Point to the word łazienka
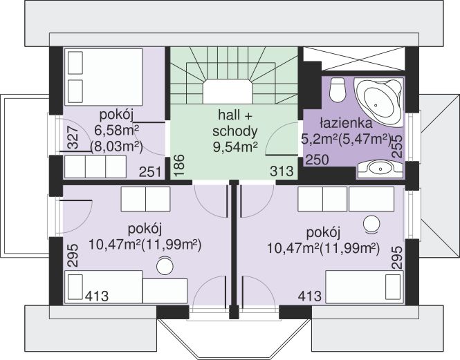click(347, 124)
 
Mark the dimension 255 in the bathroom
click(397, 147)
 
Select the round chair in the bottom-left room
click(165, 265)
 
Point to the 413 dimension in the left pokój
click(98, 296)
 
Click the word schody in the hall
click(235, 131)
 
